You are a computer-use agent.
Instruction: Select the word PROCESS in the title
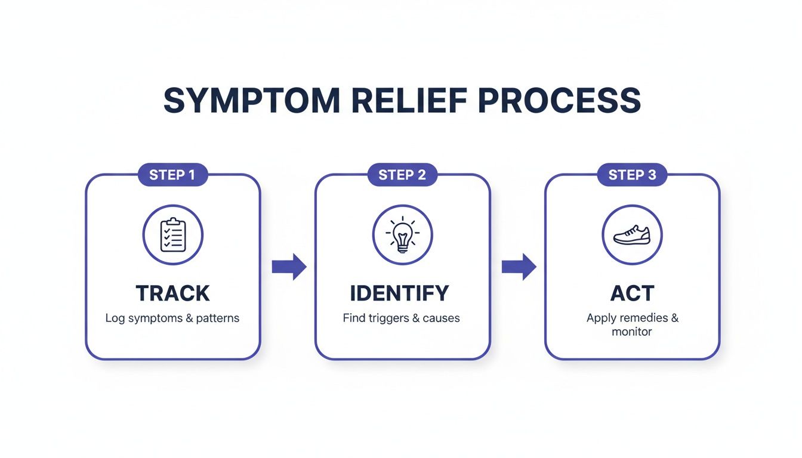[x=560, y=101]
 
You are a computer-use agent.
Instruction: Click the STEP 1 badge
[x=172, y=175]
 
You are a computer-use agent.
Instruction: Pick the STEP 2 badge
[x=402, y=175]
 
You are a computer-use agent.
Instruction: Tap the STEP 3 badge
[x=632, y=175]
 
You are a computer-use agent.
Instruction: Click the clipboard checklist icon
[x=173, y=234]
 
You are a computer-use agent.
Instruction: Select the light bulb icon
[x=402, y=234]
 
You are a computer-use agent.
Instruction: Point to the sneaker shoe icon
[x=632, y=234]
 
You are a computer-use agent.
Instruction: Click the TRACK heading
[x=173, y=293]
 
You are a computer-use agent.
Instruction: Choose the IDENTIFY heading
[x=399, y=293]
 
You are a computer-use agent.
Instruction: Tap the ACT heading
[x=632, y=293]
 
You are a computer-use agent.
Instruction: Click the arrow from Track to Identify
[x=289, y=267]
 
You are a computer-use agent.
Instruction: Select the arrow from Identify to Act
[x=518, y=267]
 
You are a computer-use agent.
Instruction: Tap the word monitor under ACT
[x=632, y=332]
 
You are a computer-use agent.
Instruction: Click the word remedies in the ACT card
[x=643, y=318]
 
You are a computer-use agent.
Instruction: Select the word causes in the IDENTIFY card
[x=441, y=318]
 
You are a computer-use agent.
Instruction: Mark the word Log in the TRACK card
[x=115, y=318]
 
